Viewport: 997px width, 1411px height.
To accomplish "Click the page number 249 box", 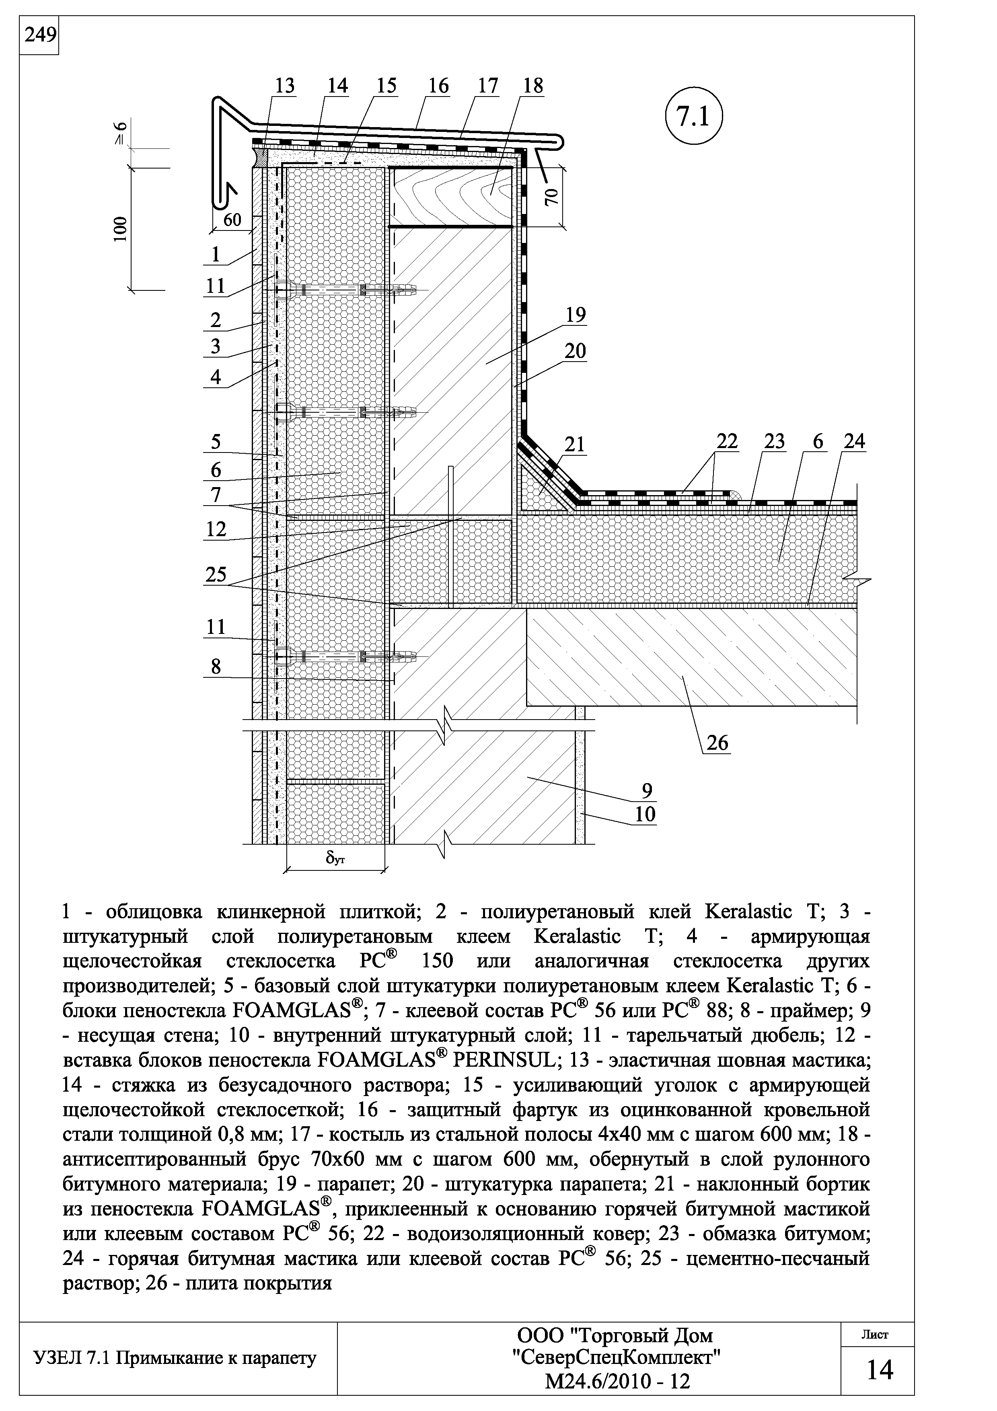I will click(39, 36).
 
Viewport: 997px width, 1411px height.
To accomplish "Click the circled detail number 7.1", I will click(693, 117).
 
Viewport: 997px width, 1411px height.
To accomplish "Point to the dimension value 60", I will click(232, 220).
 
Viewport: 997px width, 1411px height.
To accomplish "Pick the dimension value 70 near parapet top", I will click(552, 197).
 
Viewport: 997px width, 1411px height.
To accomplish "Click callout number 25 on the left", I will click(216, 575).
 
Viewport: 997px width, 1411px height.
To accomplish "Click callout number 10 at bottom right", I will click(645, 814).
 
